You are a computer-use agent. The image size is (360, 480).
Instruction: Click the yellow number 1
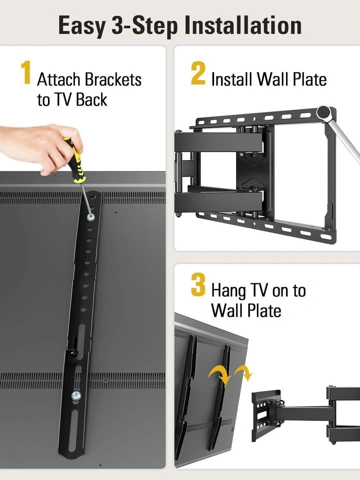pos(26,72)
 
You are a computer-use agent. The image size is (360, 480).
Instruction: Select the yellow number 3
pos(198,285)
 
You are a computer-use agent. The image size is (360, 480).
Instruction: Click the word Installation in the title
pos(243,25)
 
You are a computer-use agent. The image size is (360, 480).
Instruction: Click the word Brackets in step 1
pos(113,79)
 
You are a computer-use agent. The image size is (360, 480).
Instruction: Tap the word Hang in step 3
pos(228,291)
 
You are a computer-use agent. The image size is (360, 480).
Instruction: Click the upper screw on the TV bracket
pos(90,217)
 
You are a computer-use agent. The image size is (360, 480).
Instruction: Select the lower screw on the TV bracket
pos(76,395)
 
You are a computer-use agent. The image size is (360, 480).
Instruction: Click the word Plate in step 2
pos(309,79)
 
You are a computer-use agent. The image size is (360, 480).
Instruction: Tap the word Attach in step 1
pos(58,79)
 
